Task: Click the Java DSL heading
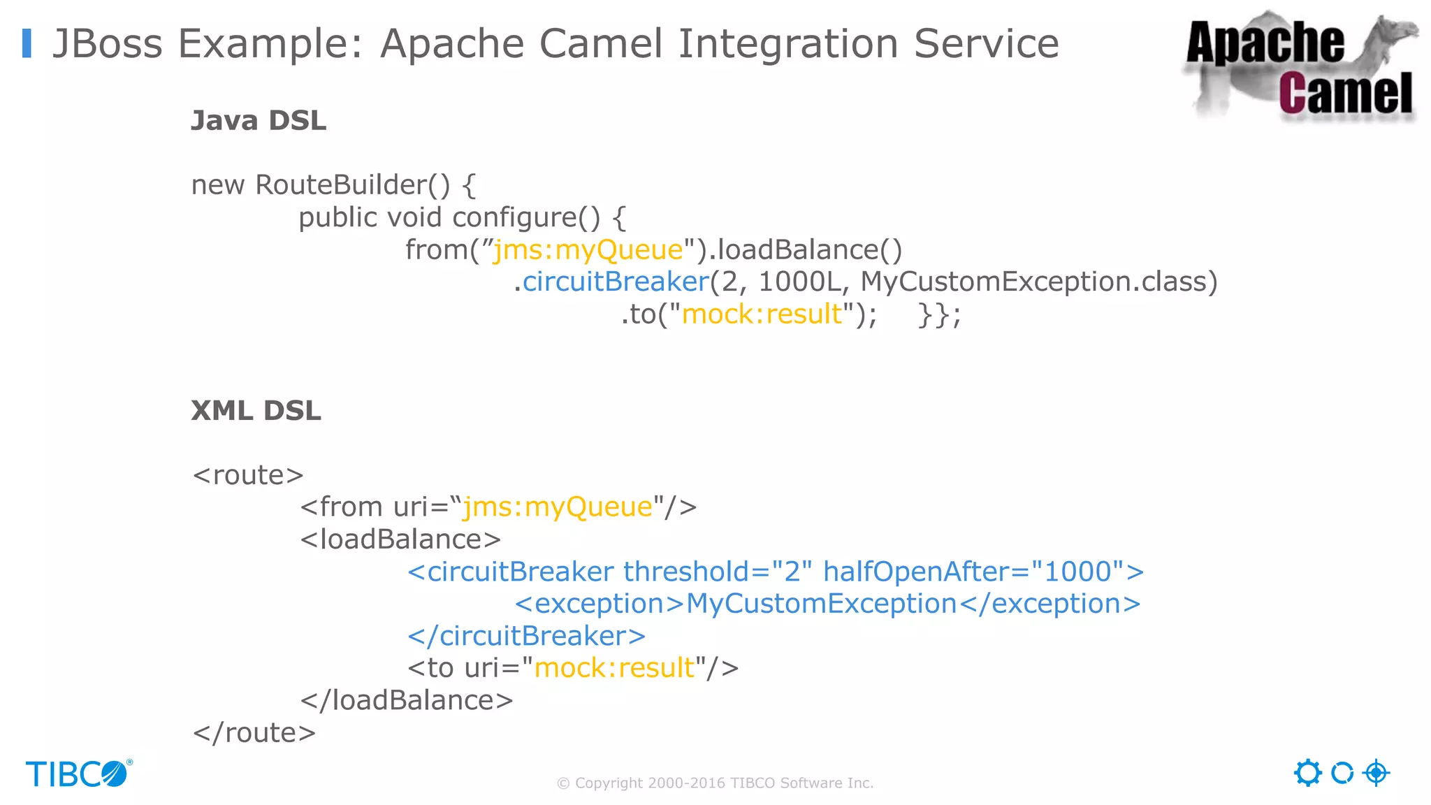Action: (259, 120)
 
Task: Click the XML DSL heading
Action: (256, 410)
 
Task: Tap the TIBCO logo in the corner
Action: (79, 774)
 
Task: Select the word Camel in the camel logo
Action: (1345, 93)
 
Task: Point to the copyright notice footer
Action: (715, 783)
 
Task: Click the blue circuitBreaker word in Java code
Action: (616, 282)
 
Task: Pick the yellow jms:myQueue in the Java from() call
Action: (588, 249)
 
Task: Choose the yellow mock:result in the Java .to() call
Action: (762, 314)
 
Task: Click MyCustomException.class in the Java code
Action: (1038, 282)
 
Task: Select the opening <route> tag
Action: (248, 475)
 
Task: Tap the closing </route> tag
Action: (254, 733)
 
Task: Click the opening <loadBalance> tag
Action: (400, 539)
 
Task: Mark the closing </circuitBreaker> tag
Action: (526, 636)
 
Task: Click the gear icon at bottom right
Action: (1307, 773)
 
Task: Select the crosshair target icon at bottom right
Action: (1376, 773)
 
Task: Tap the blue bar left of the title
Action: (27, 43)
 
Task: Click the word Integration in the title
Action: (788, 43)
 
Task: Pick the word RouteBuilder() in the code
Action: (353, 185)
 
